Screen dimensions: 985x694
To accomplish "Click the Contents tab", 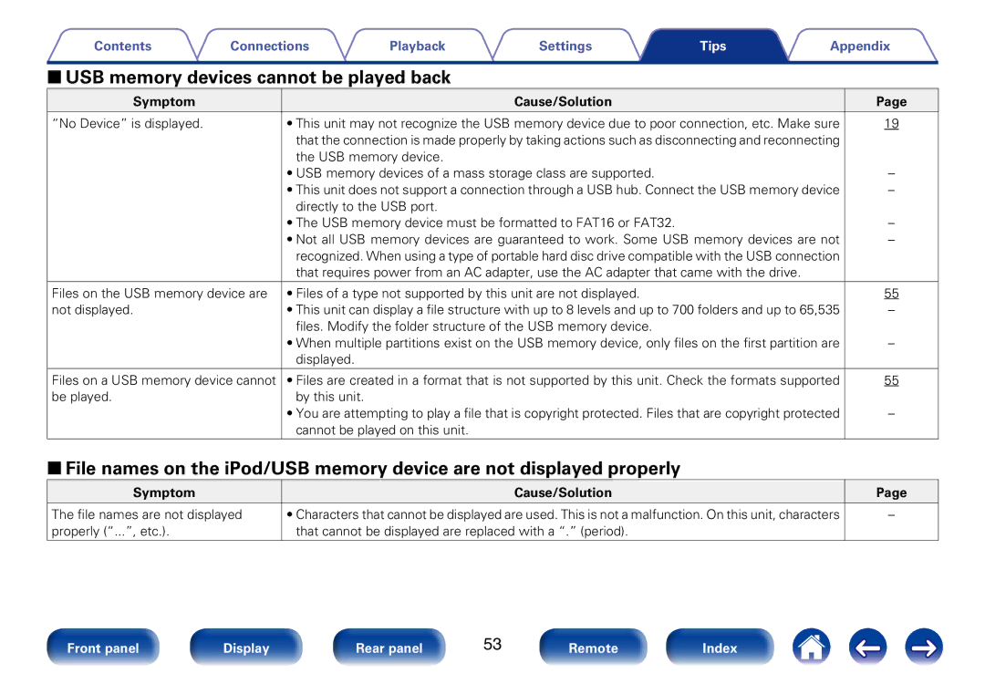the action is pos(122,46).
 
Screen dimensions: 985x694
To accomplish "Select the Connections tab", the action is pos(269,46).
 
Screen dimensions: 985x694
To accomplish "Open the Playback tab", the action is pos(417,46).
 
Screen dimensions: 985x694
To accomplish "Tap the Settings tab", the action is pos(565,46).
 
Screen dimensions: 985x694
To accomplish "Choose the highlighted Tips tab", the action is pos(713,46).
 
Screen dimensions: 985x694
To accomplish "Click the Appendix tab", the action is pos(860,46).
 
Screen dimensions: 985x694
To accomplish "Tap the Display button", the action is pos(246,647).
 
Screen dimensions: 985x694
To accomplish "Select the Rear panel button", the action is pos(389,647).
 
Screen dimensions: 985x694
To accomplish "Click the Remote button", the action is pos(593,647).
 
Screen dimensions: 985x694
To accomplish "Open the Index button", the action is pos(720,647).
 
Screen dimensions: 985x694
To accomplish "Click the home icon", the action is pos(811,647).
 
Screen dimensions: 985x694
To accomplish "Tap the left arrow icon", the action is pos(867,647).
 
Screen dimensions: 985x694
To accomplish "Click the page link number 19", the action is pos(891,124).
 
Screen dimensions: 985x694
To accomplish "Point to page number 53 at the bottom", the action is pos(493,645).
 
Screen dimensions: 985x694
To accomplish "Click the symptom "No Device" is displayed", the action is pos(128,124).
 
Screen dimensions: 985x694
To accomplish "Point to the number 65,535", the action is pos(819,310).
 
